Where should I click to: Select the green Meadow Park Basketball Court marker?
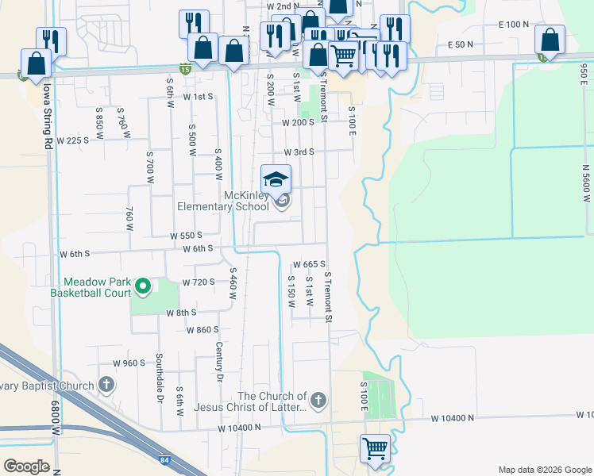pyautogui.click(x=143, y=286)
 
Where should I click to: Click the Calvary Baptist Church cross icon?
pyautogui.click(x=106, y=386)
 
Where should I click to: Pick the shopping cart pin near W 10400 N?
pyautogui.click(x=375, y=448)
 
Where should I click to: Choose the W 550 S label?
pyautogui.click(x=187, y=236)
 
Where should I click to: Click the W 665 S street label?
pyautogui.click(x=310, y=264)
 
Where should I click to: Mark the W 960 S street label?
pyautogui.click(x=129, y=363)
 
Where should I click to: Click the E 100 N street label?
pyautogui.click(x=514, y=25)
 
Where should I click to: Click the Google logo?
pyautogui.click(x=26, y=466)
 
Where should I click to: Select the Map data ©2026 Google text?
pyautogui.click(x=544, y=469)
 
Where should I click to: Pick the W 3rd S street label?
pyautogui.click(x=299, y=152)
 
